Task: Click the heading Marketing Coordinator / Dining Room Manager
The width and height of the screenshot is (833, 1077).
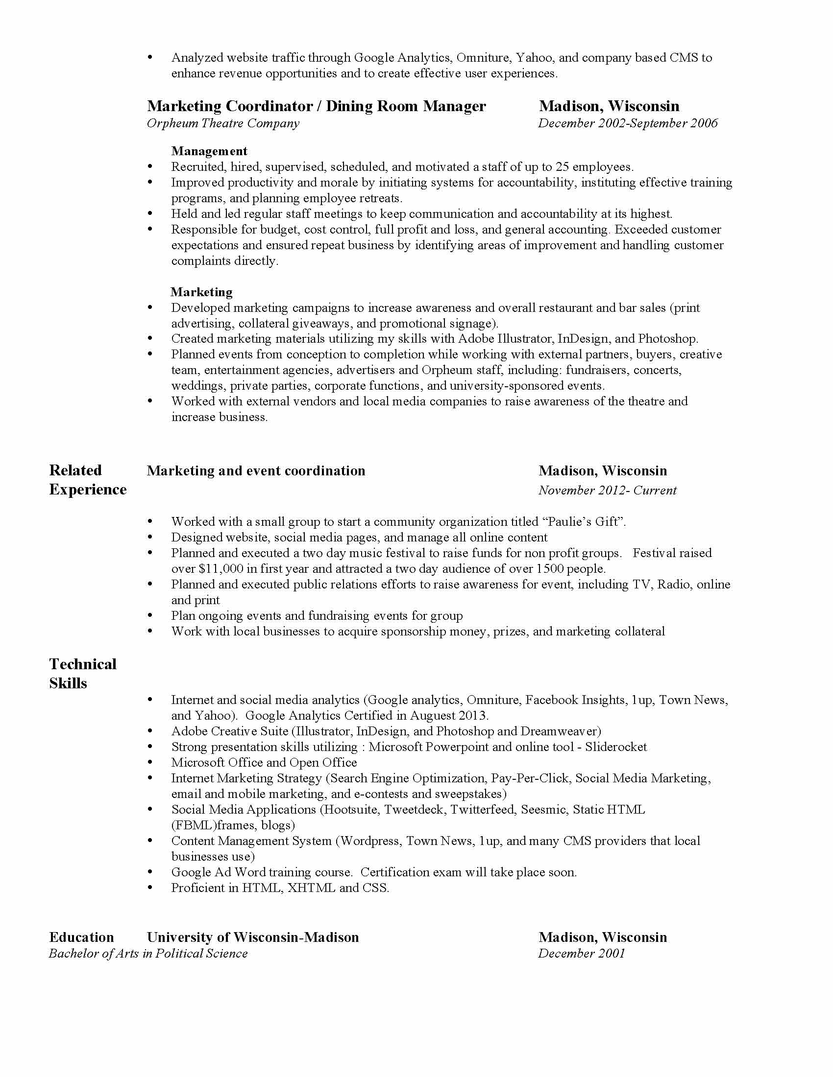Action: coord(317,106)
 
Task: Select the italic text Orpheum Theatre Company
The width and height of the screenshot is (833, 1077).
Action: coord(223,123)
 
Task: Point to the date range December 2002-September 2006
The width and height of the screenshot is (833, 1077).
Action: coord(628,123)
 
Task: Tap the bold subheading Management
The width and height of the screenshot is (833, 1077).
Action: coord(209,151)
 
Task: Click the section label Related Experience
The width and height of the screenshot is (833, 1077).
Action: coord(87,480)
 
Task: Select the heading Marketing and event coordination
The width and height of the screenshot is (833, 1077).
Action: coord(256,471)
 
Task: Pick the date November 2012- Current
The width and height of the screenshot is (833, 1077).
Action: coord(607,490)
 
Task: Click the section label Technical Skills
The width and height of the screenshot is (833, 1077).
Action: coord(82,674)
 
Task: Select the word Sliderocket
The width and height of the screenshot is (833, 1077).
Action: coord(616,747)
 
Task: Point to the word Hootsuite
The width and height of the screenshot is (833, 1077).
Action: coord(350,810)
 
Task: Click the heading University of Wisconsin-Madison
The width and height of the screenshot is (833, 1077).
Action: coord(253,937)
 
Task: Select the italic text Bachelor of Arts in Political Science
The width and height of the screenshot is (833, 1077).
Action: coord(148,954)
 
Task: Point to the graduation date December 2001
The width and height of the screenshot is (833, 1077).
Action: coord(581,954)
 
